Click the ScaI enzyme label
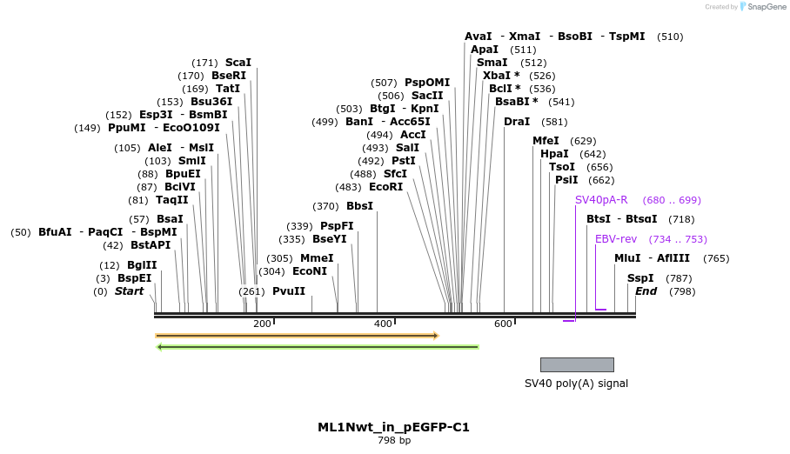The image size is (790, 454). click(x=238, y=63)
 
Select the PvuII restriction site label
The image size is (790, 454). click(x=289, y=291)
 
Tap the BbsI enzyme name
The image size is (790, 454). click(x=359, y=206)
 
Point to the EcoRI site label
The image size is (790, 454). click(x=386, y=187)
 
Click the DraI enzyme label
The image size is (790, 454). click(x=517, y=122)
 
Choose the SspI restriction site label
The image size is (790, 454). click(x=640, y=278)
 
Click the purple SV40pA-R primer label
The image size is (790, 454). click(x=601, y=200)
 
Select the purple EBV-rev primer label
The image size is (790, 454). click(x=616, y=239)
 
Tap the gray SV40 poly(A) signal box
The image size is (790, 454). click(x=577, y=364)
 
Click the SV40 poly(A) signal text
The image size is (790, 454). click(x=576, y=384)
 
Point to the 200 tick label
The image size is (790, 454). click(x=262, y=324)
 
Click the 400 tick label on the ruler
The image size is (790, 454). click(x=383, y=324)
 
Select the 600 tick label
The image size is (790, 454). click(x=503, y=324)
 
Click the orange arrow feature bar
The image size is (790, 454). click(x=296, y=336)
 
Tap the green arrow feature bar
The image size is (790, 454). click(x=318, y=347)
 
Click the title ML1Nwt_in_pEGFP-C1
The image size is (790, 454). click(x=393, y=427)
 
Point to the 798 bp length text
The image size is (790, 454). click(x=394, y=441)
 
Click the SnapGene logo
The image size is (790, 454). click(x=763, y=7)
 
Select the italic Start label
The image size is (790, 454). click(x=129, y=291)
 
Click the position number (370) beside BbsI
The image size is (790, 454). click(x=325, y=206)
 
